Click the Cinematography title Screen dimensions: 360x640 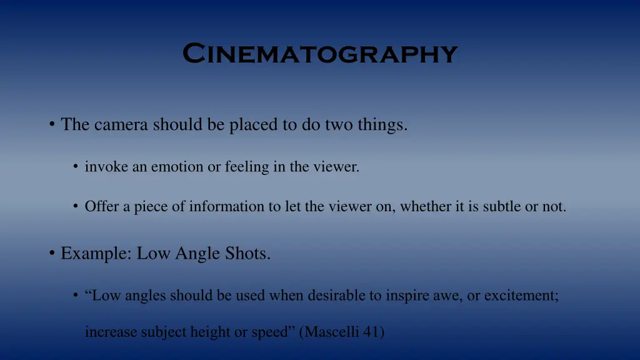pos(320,54)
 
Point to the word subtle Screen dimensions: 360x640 pos(502,206)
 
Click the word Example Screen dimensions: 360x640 pos(94,254)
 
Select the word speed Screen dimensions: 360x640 pos(270,332)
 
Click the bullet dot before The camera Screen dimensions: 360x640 pos(51,125)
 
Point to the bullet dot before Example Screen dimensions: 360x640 pos(51,254)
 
